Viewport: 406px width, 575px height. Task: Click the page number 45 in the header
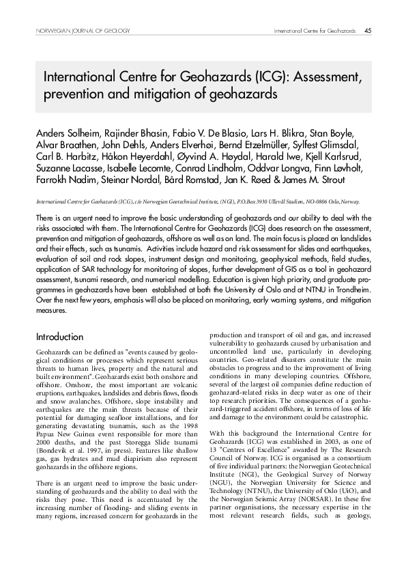368,31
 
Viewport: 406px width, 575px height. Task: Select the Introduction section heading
59,337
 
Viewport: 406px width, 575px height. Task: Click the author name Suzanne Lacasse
67,168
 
